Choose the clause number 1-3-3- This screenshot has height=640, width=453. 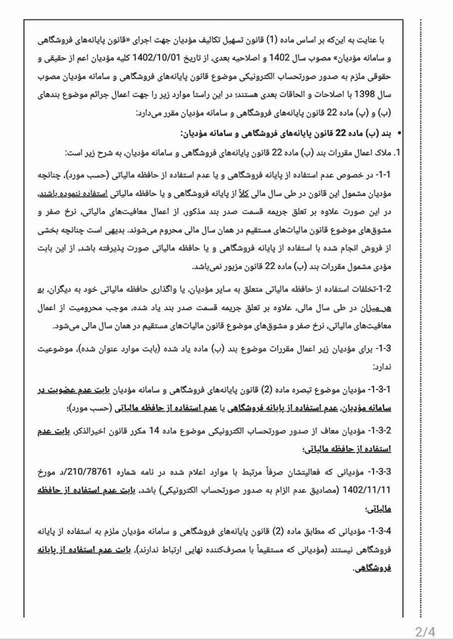coord(387,472)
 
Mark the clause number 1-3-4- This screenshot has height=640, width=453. coord(387,529)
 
